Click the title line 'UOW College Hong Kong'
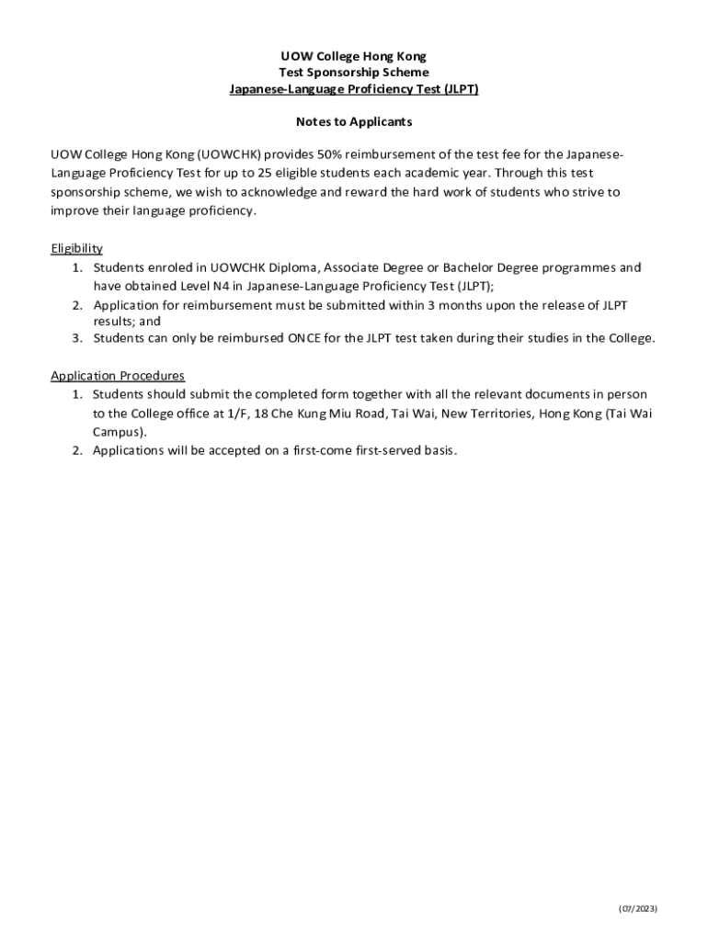tap(354, 56)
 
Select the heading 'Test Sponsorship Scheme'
tap(354, 73)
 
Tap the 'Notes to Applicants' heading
tap(354, 121)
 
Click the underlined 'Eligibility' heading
tap(76, 248)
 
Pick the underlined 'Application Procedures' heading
tap(118, 375)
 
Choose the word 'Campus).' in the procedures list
tap(120, 431)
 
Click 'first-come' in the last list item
tap(312, 450)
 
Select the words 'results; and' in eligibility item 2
tap(127, 322)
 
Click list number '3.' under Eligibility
tap(78, 338)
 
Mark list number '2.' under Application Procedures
tap(78, 450)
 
